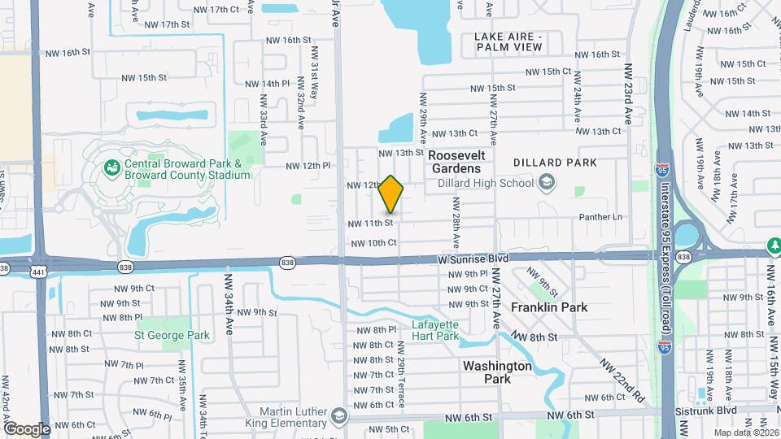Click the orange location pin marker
coord(391,193)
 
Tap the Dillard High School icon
coord(547,182)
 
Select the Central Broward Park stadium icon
coord(112,168)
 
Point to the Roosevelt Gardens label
coord(456,161)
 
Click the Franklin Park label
coord(549,307)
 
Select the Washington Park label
coord(497,372)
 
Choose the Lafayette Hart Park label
coord(435,330)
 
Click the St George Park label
coord(172,335)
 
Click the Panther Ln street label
coord(600,217)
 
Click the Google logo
coord(27,428)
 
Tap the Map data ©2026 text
coord(745,432)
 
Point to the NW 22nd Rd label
coord(623,380)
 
